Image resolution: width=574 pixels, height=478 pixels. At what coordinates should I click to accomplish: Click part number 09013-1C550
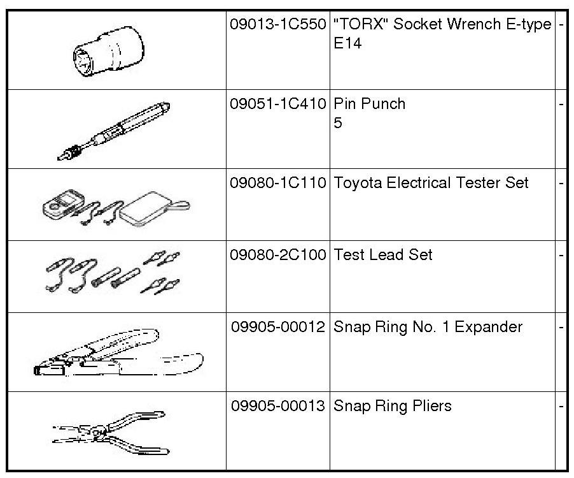(278, 25)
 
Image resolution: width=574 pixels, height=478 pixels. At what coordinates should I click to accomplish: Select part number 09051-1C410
(278, 104)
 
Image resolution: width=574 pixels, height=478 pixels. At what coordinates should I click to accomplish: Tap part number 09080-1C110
(278, 183)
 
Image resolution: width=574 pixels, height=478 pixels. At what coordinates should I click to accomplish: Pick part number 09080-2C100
(278, 255)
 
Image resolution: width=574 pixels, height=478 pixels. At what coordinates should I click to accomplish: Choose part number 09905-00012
(278, 327)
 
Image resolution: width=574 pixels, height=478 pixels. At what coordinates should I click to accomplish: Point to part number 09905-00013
(278, 406)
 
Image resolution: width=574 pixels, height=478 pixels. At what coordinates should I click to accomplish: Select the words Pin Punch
(369, 104)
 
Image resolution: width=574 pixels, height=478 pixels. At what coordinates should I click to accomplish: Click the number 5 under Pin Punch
(338, 123)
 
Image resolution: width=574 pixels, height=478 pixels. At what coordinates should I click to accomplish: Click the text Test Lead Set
(382, 255)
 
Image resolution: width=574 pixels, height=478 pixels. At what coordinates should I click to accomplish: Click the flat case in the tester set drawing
(146, 208)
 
